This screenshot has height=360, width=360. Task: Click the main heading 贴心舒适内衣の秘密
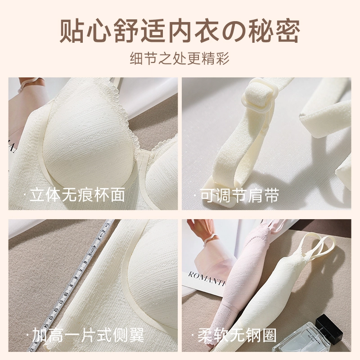tap(180, 31)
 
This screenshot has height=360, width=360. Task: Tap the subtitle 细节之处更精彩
tap(180, 58)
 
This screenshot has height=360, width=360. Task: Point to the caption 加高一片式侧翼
tap(85, 334)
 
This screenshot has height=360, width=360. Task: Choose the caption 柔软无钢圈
tap(234, 335)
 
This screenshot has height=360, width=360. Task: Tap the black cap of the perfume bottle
tap(329, 326)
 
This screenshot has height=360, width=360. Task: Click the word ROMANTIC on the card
tap(206, 278)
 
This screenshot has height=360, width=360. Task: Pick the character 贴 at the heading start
tap(71, 31)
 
